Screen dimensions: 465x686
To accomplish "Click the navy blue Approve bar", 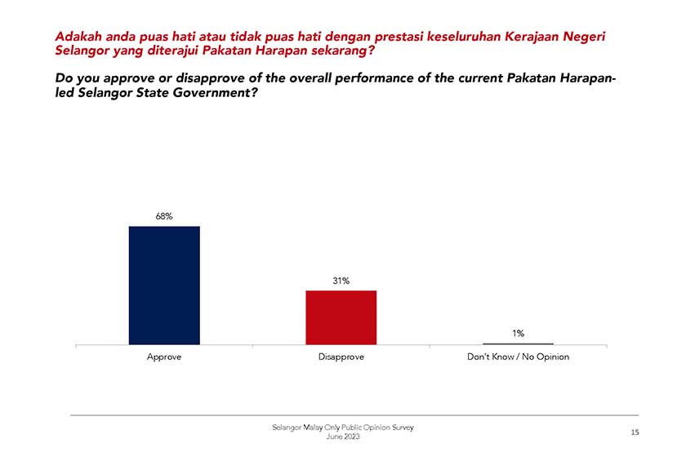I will click(x=164, y=285).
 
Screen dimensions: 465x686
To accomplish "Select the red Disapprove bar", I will click(x=341, y=317).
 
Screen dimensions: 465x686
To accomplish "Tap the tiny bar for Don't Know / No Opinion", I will click(x=518, y=343).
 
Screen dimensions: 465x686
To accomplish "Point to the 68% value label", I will click(x=164, y=216).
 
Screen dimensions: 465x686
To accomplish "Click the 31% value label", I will click(x=341, y=281).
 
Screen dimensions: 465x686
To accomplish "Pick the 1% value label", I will click(x=518, y=333).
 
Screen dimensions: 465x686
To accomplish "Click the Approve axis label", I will click(x=164, y=357).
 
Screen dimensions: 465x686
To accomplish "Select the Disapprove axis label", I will click(x=341, y=357).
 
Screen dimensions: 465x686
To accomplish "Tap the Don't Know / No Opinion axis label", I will click(x=518, y=357).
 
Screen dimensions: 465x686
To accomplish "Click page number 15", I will click(x=635, y=433).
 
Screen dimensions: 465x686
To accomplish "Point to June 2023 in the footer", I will click(x=342, y=437).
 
